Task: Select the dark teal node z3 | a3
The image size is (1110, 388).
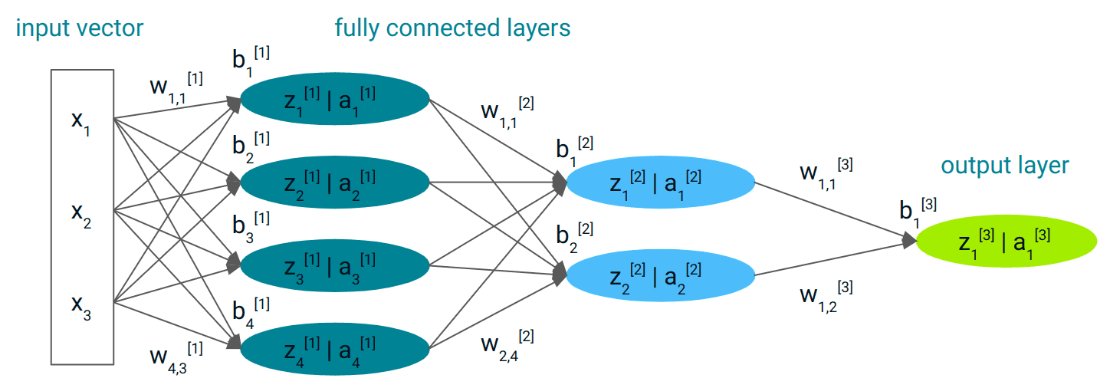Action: click(x=335, y=265)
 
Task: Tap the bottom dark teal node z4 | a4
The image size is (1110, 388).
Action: click(x=335, y=349)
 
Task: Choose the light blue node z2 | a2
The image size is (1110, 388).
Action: click(x=661, y=276)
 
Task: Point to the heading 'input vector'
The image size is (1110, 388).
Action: click(x=79, y=29)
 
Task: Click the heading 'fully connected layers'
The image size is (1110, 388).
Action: click(x=452, y=28)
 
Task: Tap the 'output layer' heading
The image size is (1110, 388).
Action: click(x=1004, y=166)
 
